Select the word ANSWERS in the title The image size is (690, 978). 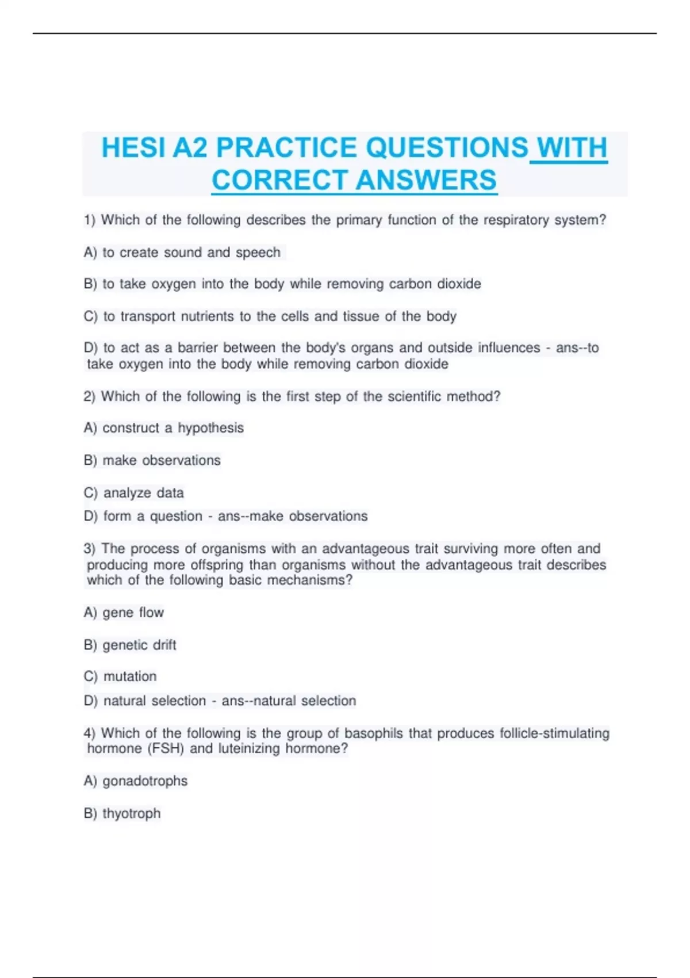[x=426, y=180]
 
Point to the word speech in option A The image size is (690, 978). [x=258, y=253]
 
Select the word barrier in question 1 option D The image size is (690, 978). [x=198, y=348]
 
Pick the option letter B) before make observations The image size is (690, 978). [x=90, y=460]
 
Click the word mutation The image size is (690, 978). [x=130, y=677]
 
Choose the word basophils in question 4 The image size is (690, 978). [x=374, y=733]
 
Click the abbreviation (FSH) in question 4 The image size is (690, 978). [x=166, y=748]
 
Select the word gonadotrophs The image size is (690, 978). [x=145, y=781]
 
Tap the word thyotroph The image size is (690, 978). [x=132, y=813]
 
